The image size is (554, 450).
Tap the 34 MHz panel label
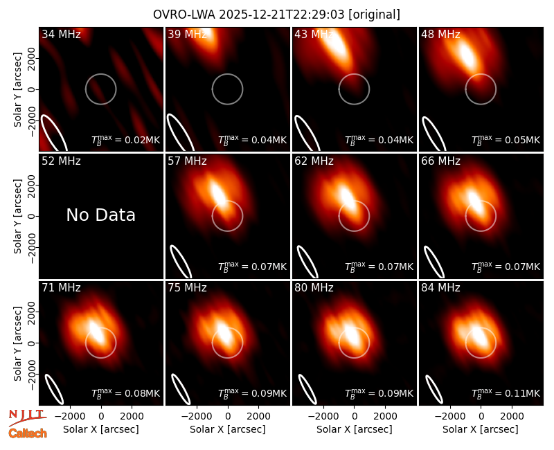61,34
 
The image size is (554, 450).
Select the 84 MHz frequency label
440,287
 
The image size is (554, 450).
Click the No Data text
100,215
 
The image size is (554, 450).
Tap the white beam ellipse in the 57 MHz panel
181,262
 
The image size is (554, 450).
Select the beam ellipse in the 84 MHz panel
434,389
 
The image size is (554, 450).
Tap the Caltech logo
28,433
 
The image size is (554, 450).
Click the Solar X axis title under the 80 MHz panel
354,429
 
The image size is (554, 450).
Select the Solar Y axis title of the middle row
17,216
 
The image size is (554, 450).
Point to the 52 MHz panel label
61,161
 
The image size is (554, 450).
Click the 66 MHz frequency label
440,161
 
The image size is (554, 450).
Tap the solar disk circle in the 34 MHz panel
100,74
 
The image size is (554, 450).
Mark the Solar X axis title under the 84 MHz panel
481,429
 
